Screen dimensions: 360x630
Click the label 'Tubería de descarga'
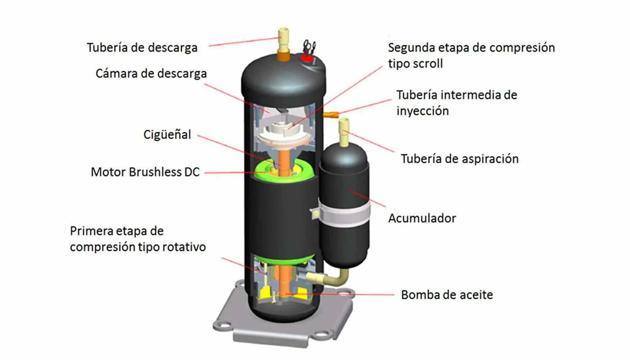coord(142,48)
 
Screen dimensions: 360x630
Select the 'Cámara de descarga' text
coord(151,73)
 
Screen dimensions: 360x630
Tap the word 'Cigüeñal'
coord(167,135)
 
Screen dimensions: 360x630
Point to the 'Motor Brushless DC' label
coord(145,172)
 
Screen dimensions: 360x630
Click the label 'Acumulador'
coord(422,218)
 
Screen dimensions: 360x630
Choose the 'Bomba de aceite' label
coord(447,295)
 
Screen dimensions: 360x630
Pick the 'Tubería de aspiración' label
coord(460,159)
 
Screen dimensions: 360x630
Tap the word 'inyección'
coord(423,111)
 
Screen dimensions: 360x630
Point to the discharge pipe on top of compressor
coord(283,43)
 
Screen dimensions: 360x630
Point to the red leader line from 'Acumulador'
coord(367,198)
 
